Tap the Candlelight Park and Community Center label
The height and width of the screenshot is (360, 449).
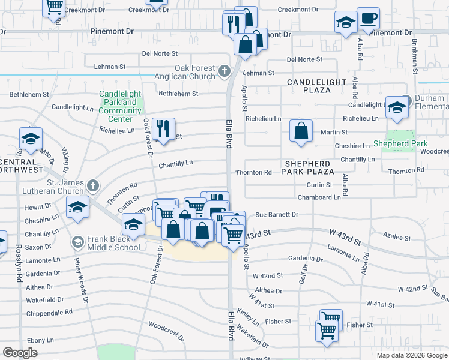coord(120,103)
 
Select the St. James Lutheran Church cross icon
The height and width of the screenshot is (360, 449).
coord(93,185)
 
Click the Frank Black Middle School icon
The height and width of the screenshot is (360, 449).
coord(77,242)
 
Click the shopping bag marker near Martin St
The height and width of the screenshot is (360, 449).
coord(301,131)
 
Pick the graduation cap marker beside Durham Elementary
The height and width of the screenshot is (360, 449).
coord(397,109)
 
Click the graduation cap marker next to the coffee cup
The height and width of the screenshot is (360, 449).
coord(346,24)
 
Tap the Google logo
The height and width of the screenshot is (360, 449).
coord(20,353)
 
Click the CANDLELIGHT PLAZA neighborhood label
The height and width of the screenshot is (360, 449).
coord(316,86)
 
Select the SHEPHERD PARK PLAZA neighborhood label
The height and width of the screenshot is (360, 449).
coord(307,167)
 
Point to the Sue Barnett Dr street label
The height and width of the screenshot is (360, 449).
coord(277,214)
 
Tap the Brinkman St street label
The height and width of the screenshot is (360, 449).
coord(415,53)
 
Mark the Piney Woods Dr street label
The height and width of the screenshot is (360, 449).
coord(80,283)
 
